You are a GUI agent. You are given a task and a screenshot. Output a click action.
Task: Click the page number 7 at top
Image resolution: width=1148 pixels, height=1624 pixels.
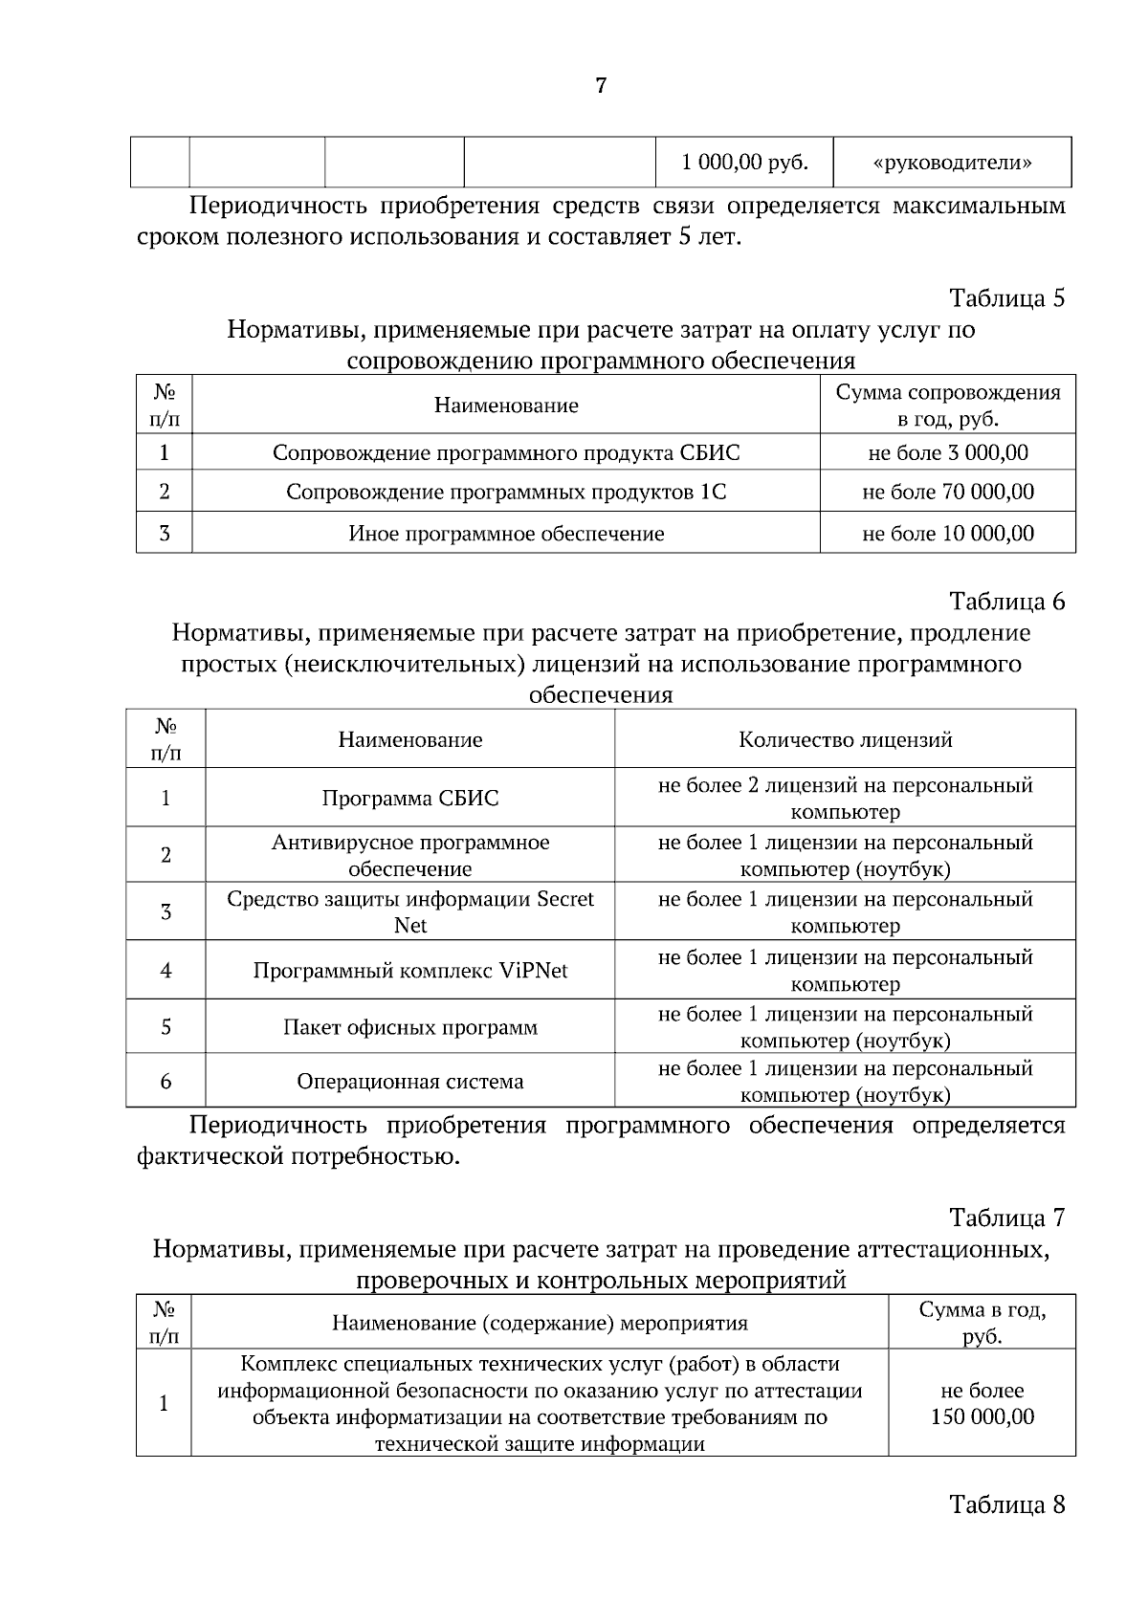pos(601,86)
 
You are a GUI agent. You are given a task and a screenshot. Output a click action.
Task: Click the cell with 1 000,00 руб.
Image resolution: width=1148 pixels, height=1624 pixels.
pos(744,163)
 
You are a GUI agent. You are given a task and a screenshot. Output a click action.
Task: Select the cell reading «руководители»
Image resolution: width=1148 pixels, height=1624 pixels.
pos(952,163)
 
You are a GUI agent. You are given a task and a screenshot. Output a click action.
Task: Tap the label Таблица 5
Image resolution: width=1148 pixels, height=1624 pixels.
pos(1006,298)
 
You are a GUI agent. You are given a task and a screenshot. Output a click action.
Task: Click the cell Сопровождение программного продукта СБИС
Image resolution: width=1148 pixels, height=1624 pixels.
pos(505,452)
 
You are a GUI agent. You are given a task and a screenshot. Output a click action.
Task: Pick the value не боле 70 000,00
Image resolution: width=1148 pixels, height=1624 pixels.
pos(947,493)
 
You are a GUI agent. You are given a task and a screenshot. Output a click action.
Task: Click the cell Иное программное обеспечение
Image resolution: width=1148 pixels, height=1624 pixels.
pos(505,534)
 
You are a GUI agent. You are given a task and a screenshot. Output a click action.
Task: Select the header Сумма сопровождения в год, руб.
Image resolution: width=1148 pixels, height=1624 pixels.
pos(947,406)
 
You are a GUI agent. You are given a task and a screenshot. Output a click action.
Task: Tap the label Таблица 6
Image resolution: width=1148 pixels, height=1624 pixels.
pos(1006,602)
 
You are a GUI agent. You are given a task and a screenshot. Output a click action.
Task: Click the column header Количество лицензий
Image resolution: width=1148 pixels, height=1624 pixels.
pos(845,739)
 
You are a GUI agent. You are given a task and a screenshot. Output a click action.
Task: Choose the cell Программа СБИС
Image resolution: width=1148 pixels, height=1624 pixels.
pos(409,798)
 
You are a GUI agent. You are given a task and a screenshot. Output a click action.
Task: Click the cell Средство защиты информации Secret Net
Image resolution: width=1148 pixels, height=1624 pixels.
pos(409,912)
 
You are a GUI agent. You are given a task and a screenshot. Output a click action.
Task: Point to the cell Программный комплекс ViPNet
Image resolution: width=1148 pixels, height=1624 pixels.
pos(409,971)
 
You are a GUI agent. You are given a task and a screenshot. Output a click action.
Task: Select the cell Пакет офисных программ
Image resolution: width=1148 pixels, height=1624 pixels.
pos(409,1028)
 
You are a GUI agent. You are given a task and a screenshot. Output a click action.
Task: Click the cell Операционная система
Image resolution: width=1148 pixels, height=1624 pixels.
pos(409,1082)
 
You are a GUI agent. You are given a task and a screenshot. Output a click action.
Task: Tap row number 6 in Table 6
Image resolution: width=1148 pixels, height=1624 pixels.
pos(166,1082)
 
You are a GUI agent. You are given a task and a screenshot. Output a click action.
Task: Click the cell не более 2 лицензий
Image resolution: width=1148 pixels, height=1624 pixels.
pos(845,798)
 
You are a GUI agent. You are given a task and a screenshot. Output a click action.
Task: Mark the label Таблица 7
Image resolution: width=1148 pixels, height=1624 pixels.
pos(1006,1218)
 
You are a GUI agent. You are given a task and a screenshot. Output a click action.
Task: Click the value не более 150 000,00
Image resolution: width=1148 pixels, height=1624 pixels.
pos(982,1403)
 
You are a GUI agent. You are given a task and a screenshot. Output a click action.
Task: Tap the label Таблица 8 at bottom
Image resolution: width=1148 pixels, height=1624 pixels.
pos(1006,1504)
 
